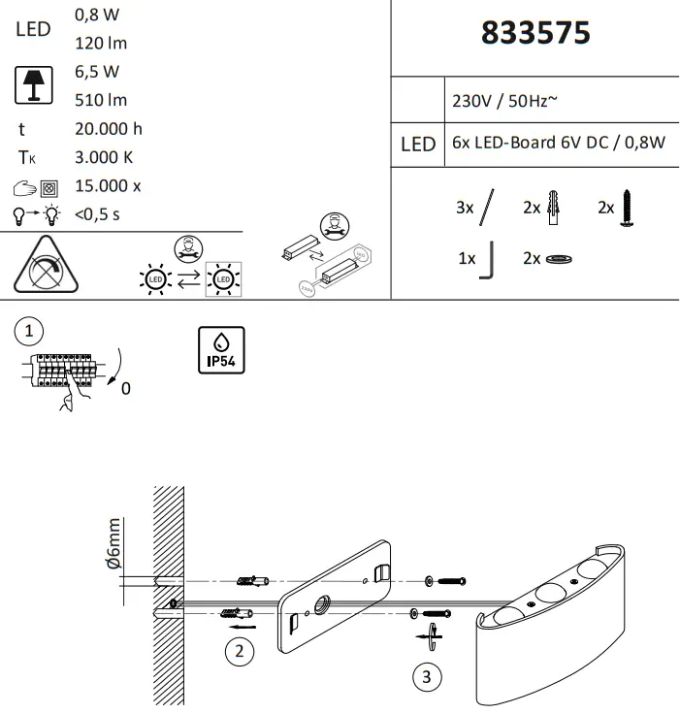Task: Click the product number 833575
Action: [535, 33]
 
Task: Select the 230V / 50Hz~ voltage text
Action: [504, 101]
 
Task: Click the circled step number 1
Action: [30, 331]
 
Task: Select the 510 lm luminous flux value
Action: [100, 100]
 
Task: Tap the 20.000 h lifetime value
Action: [109, 129]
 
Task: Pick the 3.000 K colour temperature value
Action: [104, 157]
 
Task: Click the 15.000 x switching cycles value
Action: [108, 186]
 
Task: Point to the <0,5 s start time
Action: [97, 214]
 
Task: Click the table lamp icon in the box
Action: [32, 85]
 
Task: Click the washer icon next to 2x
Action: [559, 260]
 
